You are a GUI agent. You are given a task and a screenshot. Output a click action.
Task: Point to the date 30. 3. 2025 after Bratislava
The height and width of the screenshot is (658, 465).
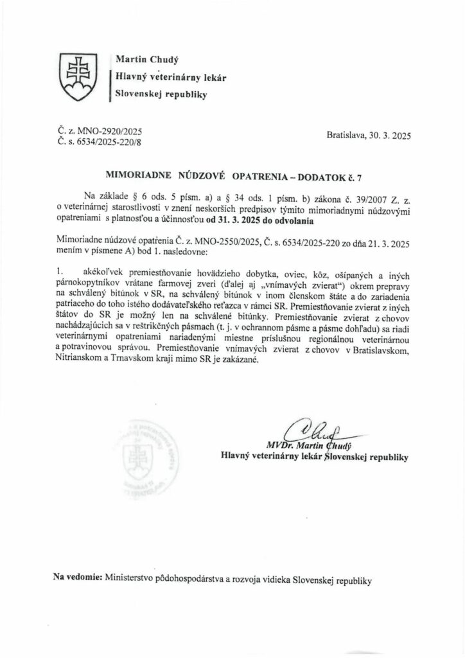390,136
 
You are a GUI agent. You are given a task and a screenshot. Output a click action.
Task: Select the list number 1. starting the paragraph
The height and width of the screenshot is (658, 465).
60,273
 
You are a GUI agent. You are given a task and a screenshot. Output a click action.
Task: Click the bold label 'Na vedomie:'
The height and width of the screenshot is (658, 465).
78,579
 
